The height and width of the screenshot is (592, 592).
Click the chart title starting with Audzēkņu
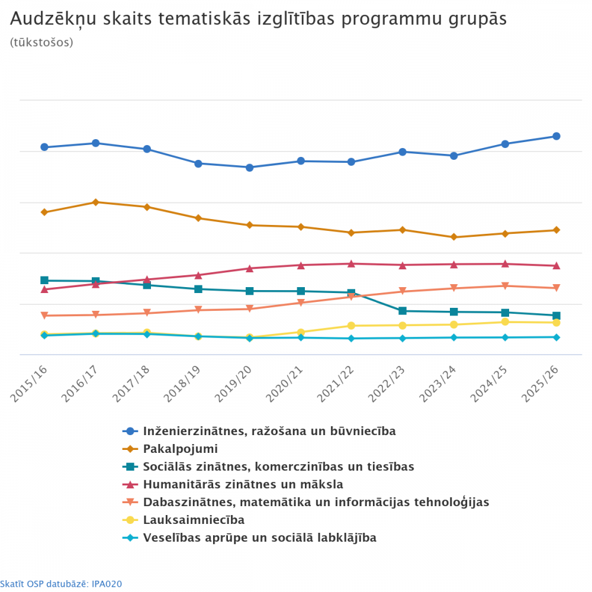point(258,20)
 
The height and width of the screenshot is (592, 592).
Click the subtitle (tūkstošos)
point(41,43)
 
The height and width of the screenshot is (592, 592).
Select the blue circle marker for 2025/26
point(556,136)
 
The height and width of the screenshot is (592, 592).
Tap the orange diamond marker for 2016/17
point(95,202)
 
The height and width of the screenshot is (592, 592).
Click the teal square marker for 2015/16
point(44,281)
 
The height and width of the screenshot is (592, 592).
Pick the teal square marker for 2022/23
point(403,311)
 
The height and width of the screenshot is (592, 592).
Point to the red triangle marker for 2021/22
point(351,263)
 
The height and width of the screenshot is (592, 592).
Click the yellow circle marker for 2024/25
point(505,322)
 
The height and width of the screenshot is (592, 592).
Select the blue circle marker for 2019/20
point(249,168)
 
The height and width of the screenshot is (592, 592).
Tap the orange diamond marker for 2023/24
point(454,237)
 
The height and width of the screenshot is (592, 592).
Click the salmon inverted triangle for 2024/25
point(505,286)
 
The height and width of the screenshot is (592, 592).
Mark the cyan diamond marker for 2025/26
point(556,337)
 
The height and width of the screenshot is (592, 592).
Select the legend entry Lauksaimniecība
point(194,520)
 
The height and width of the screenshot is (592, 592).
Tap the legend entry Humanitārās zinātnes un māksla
point(243,484)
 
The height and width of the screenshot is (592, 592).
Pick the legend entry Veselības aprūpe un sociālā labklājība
point(259,538)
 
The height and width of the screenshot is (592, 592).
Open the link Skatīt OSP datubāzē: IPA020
point(61,584)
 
